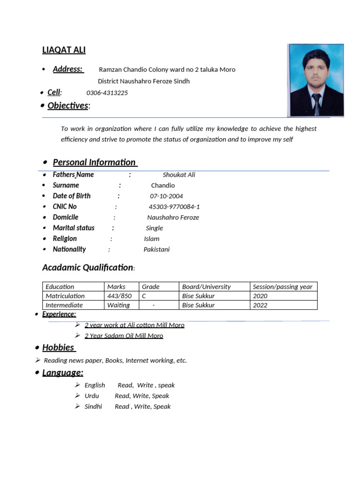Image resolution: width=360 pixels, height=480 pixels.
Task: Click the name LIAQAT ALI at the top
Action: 64,50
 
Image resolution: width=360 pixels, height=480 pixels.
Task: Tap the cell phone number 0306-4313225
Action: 107,93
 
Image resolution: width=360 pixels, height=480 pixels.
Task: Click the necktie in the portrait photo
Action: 317,104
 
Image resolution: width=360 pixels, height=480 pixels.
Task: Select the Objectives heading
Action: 67,105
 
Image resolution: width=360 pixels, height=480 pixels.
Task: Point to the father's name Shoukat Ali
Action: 179,175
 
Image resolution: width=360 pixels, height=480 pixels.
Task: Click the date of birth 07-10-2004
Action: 166,196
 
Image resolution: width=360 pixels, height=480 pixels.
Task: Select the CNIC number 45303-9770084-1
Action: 174,207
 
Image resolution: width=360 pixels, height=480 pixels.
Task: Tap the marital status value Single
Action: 154,228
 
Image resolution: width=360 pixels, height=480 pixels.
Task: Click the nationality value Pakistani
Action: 157,249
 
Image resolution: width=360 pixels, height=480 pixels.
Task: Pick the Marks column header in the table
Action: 116,287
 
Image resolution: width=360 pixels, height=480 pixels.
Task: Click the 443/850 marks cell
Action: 119,296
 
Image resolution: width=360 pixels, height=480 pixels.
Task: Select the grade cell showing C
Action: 144,296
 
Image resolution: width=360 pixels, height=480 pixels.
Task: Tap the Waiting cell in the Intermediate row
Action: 119,305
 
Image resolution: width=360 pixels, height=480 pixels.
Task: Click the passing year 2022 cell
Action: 260,305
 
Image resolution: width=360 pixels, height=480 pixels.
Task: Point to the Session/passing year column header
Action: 282,287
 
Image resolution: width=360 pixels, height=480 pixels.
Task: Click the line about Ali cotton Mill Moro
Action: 135,325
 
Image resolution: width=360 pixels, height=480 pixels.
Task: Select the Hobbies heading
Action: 59,347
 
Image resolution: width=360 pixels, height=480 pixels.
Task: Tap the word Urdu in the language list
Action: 92,396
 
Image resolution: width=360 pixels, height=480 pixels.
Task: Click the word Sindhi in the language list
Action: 93,407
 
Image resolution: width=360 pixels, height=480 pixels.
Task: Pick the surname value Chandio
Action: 163,186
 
